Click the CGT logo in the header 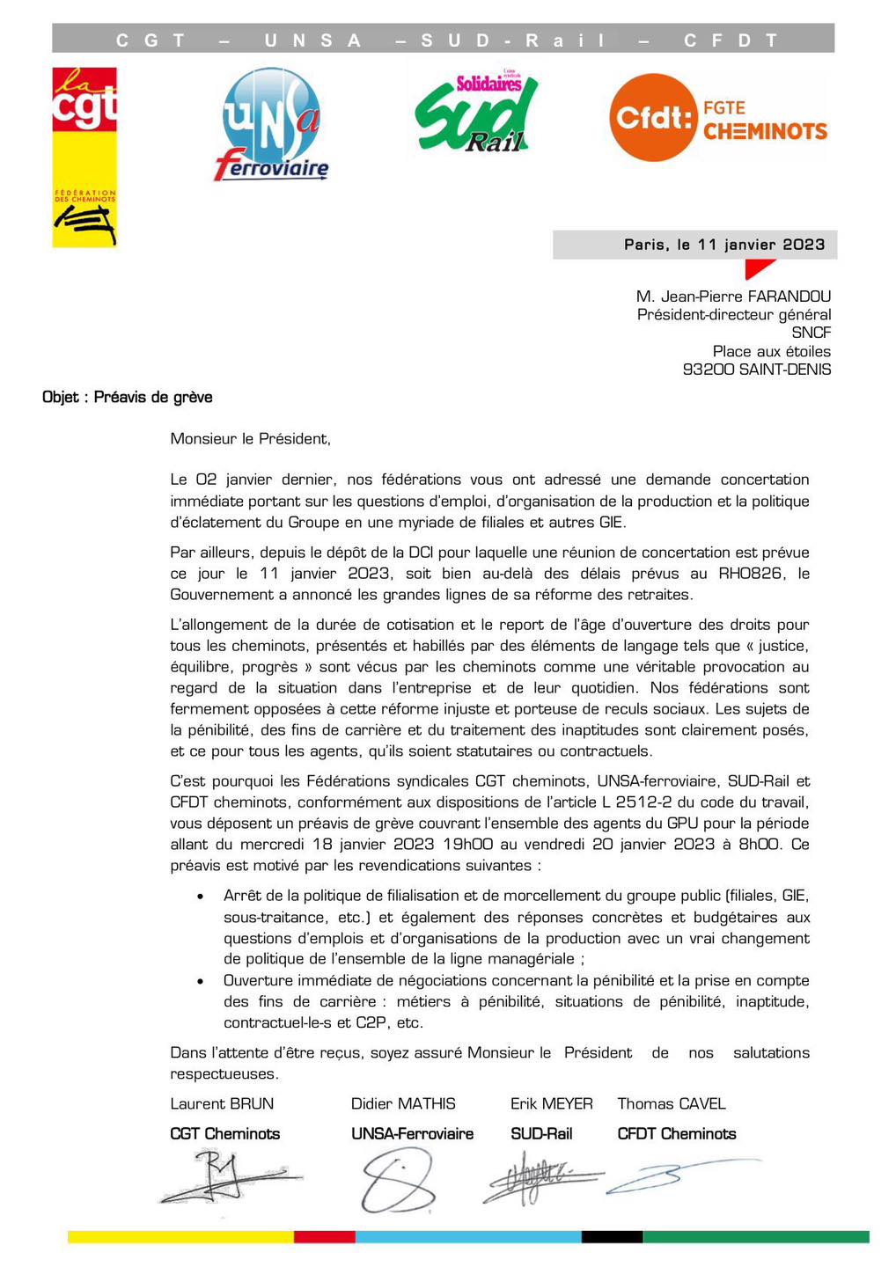click(84, 157)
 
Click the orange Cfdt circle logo click(653, 117)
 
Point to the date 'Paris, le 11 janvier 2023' click(724, 245)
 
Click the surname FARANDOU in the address click(789, 297)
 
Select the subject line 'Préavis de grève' click(153, 397)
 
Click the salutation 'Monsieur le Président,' click(251, 438)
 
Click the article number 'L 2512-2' click(650, 802)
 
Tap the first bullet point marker click(202, 897)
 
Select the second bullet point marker click(202, 981)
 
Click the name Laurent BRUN click(222, 1103)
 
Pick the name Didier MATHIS click(403, 1103)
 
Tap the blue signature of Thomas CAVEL click(678, 1175)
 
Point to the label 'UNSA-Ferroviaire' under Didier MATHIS click(412, 1133)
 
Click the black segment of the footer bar click(612, 1236)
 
